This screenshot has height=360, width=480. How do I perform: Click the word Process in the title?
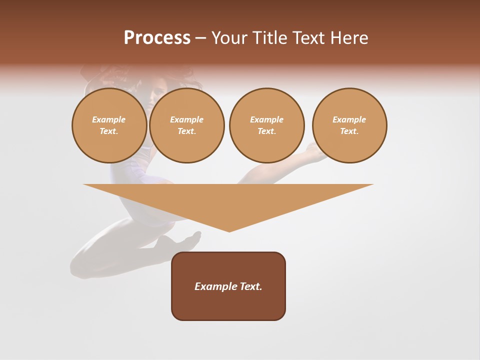(x=157, y=38)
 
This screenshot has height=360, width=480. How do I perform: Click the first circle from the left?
(x=109, y=125)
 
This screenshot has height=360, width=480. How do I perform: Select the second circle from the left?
(x=187, y=125)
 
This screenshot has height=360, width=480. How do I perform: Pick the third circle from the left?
(x=266, y=125)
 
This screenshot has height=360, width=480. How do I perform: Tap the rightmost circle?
(x=349, y=125)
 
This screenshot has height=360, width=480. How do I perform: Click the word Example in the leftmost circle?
(x=109, y=119)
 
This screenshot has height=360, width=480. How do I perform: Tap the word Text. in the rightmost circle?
(x=349, y=131)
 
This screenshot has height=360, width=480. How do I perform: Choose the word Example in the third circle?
(x=266, y=119)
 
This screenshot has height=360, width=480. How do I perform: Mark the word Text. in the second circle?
(x=187, y=131)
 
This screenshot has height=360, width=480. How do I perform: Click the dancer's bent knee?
(x=80, y=265)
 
